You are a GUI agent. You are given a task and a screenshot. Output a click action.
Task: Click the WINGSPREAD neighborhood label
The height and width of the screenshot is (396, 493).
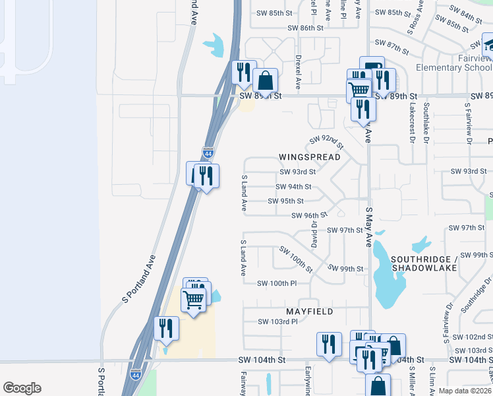pos(309,157)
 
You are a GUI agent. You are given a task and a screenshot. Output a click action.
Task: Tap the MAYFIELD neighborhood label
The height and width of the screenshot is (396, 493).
pos(309,311)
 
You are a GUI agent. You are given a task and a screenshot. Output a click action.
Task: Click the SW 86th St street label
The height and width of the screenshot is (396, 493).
pos(305,28)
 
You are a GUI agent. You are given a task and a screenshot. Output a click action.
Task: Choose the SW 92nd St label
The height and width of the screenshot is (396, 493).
pos(328,141)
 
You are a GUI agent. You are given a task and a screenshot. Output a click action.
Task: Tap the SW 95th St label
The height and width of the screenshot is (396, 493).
pos(285,201)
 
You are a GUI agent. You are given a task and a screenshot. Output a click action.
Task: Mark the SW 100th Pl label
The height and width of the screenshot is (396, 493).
pos(277,283)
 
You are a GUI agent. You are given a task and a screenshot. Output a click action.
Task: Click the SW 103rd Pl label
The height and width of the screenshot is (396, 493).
pos(279,321)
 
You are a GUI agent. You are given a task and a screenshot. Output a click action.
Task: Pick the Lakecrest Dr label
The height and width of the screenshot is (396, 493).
pos(412,122)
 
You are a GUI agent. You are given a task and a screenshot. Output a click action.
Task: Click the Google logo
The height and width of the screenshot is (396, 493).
pos(22,388)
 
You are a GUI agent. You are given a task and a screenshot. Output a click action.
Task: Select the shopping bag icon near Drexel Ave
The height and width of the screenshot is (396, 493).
pos(265,81)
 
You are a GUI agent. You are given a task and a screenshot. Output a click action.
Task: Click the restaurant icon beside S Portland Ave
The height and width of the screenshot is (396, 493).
pos(166,328)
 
